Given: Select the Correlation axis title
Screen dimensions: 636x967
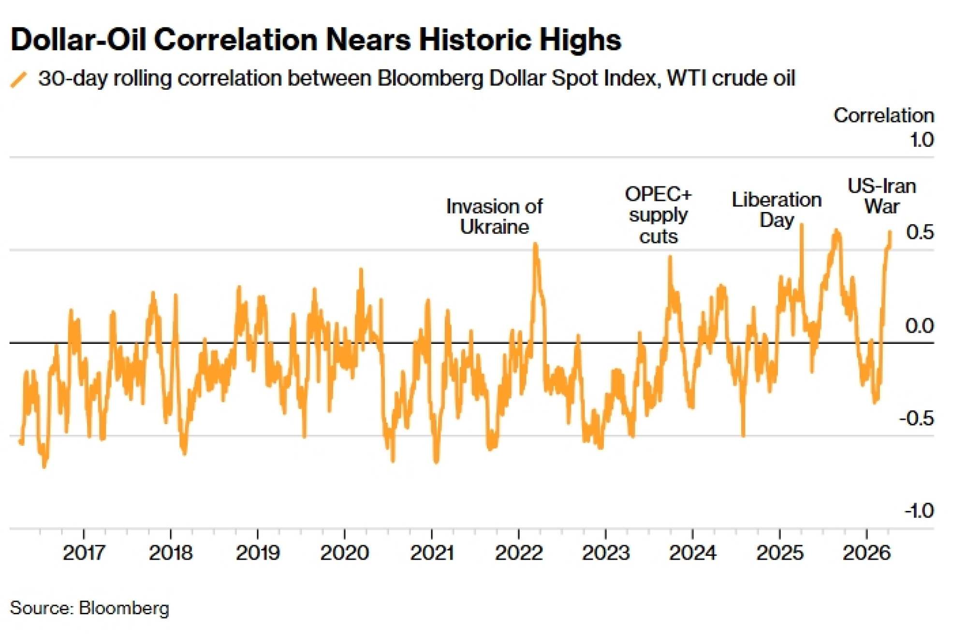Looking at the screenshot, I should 883,115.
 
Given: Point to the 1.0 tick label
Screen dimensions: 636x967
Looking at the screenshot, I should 921,140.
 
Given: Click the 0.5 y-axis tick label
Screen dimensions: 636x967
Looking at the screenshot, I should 920,232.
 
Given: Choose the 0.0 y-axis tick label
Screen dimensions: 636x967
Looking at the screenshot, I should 919,326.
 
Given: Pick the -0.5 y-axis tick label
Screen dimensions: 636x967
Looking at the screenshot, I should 916,418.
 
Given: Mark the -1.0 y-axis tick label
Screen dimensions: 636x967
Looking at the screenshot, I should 919,510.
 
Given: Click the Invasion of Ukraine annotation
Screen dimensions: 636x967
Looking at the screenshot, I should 494,216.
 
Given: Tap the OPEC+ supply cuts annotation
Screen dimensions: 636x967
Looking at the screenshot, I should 658,215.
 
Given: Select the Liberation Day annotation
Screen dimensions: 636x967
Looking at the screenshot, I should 777,210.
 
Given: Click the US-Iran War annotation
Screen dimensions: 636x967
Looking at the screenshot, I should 882,196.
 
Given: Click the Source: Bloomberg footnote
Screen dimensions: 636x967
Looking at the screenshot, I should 89,608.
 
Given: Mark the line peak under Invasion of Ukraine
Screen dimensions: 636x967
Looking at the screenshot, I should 535,245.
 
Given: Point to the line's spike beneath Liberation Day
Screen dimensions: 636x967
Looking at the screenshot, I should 801,226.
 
